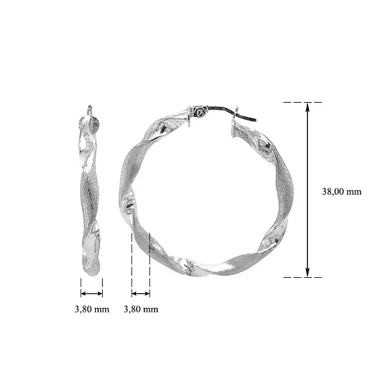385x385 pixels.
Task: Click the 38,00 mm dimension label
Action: click(341, 191)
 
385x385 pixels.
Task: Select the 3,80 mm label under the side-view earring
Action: click(91, 309)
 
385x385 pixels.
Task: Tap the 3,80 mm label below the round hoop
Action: click(141, 309)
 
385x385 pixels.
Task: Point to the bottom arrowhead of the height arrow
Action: click(308, 273)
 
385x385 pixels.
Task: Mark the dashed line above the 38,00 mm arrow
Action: click(302, 102)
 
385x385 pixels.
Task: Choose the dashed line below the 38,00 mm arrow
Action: click(302, 277)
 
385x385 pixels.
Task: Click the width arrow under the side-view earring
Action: click(91, 293)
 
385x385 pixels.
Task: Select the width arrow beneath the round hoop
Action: click(141, 293)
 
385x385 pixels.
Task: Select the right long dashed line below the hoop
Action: click(150, 263)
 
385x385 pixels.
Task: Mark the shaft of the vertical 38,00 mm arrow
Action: click(308, 193)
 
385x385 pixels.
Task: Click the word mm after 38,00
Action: click(354, 191)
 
